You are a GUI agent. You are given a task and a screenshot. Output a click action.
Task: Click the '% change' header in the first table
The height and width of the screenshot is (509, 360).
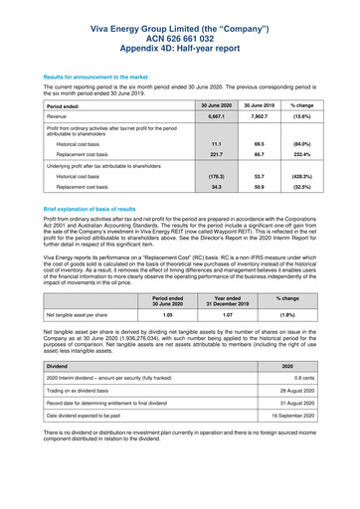click(x=319, y=102)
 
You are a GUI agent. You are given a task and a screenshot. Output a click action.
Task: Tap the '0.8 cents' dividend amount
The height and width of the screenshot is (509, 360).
click(x=318, y=379)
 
